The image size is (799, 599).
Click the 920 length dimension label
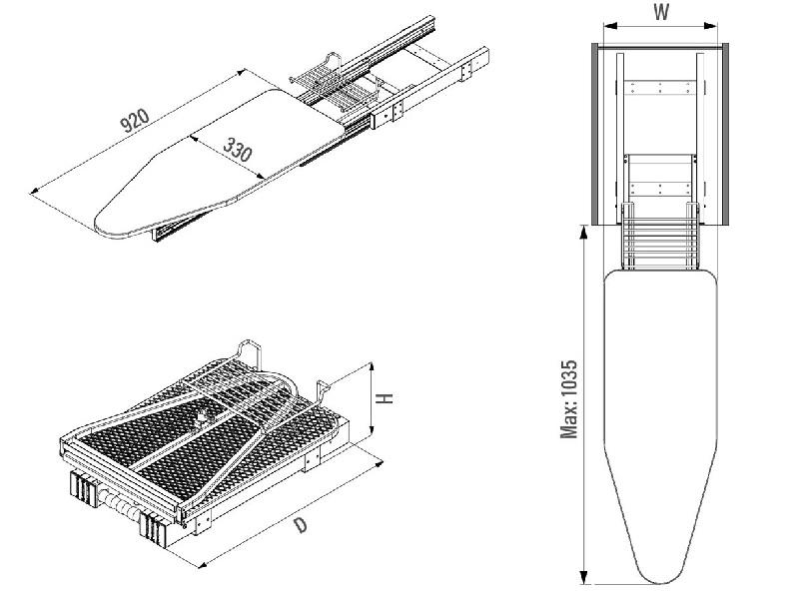tap(134, 121)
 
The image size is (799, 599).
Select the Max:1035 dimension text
tap(568, 398)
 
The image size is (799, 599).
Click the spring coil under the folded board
tap(126, 504)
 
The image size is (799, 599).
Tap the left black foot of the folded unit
tap(84, 492)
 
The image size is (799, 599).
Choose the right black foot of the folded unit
tap(158, 528)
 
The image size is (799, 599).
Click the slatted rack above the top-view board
tap(660, 240)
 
